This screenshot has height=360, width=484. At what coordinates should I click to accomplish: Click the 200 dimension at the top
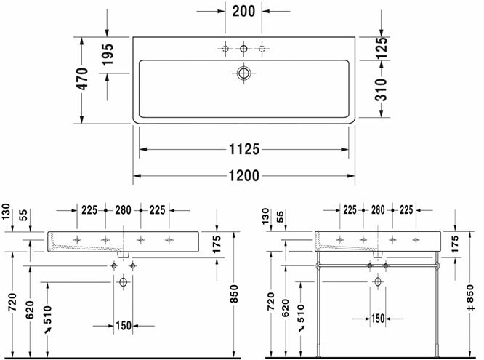tap(243, 12)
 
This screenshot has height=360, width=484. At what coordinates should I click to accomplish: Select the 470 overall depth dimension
tap(82, 79)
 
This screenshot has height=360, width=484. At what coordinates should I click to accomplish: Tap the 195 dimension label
tap(108, 55)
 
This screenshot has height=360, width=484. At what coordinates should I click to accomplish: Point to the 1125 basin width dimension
tap(244, 150)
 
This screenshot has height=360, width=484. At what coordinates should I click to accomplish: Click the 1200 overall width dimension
tap(244, 176)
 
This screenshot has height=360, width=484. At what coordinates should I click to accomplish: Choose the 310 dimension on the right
tap(381, 90)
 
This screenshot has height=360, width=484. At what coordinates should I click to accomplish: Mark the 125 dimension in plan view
tap(382, 48)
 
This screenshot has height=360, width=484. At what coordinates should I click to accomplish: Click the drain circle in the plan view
tap(243, 73)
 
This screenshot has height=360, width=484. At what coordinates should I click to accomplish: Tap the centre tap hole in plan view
tap(243, 49)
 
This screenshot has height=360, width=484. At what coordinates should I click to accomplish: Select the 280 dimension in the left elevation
tap(123, 210)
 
